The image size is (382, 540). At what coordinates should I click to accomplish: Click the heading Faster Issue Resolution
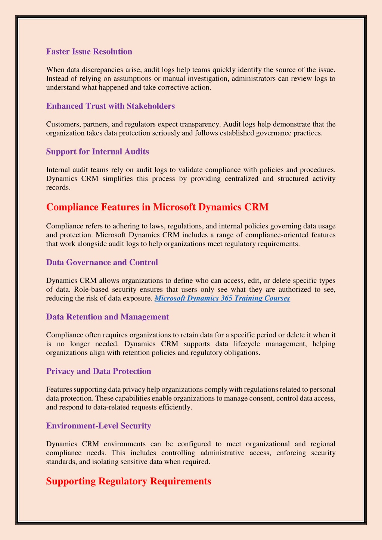(89, 51)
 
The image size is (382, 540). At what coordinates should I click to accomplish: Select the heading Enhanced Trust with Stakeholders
(110, 106)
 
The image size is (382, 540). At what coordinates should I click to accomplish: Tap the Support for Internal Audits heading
(97, 152)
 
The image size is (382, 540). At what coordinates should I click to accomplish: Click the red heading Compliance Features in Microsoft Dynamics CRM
(157, 207)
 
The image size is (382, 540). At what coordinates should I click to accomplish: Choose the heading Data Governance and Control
(102, 262)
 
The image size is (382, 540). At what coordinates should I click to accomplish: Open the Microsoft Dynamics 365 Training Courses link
(222, 298)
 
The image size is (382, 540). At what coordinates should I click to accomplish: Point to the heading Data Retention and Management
(108, 317)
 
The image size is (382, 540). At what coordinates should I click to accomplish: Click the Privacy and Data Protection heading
(99, 371)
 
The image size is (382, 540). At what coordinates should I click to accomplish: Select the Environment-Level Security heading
(99, 426)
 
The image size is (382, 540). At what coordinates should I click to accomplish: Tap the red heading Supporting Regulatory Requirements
(128, 481)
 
